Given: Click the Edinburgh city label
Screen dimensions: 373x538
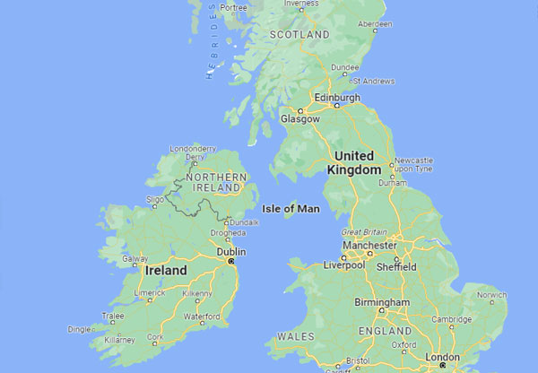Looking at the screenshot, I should tap(338, 97).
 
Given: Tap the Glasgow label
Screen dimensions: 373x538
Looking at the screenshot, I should tap(300, 118).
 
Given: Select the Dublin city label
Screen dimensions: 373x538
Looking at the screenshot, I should tap(231, 252).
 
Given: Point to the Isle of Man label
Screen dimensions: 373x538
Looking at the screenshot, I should tap(291, 208).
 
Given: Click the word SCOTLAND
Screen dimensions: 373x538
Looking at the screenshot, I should tap(300, 34).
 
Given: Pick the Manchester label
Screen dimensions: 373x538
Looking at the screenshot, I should tap(369, 245).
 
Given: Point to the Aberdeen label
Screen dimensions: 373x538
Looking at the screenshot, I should tap(375, 24).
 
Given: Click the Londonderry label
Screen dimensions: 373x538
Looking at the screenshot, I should tap(195, 149).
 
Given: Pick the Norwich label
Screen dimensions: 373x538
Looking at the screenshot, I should tap(491, 294).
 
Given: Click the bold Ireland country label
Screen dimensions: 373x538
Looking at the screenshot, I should tap(167, 270).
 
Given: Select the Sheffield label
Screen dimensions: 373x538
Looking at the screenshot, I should tap(395, 266).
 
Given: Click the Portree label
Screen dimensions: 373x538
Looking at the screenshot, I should tap(233, 7).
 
